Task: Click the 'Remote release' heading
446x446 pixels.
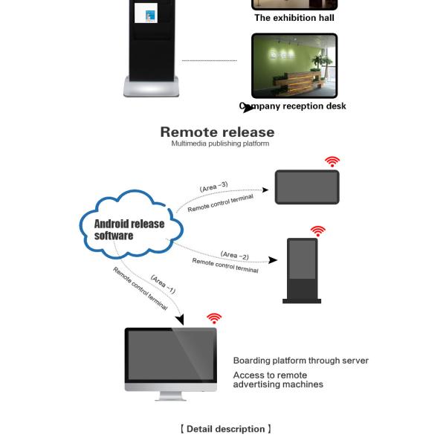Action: pyautogui.click(x=217, y=132)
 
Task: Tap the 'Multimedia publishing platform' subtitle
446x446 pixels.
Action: pyautogui.click(x=220, y=144)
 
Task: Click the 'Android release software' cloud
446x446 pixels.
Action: pyautogui.click(x=130, y=227)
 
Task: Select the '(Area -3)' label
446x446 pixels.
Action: pyautogui.click(x=214, y=187)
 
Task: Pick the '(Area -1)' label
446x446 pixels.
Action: pyautogui.click(x=163, y=284)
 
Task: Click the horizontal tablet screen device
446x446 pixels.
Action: pyautogui.click(x=307, y=187)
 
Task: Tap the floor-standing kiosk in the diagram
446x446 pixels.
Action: pyautogui.click(x=303, y=269)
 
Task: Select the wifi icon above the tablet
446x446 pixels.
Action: pyautogui.click(x=332, y=161)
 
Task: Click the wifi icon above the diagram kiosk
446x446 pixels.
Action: pyautogui.click(x=318, y=231)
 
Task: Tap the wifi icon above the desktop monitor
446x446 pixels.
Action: pyautogui.click(x=214, y=318)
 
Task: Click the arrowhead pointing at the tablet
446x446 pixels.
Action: pyautogui.click(x=265, y=190)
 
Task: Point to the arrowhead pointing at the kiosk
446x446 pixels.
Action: pyautogui.click(x=273, y=260)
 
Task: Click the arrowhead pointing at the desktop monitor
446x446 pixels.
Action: pyautogui.click(x=179, y=320)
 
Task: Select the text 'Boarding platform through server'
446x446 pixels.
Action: pyautogui.click(x=300, y=361)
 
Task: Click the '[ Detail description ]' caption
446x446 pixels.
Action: pyautogui.click(x=225, y=429)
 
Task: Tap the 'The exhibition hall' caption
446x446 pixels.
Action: pyautogui.click(x=294, y=18)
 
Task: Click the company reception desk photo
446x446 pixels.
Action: pyautogui.click(x=294, y=65)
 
